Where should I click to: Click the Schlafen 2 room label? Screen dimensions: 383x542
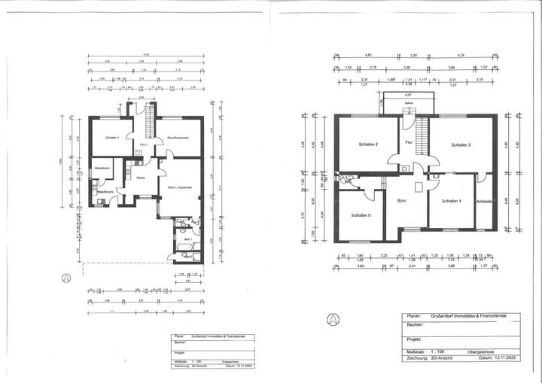(367, 144)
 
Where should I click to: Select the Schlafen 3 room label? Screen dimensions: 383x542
(461, 144)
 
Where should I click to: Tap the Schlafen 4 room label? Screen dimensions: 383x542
(451, 201)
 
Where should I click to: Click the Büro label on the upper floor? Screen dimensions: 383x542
(403, 202)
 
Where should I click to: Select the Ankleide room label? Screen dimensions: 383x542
(484, 201)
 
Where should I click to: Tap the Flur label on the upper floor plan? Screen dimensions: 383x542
(408, 142)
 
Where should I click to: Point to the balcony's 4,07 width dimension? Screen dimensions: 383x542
(407, 95)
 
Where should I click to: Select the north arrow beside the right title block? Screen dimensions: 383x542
(330, 318)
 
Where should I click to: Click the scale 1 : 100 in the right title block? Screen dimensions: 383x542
(436, 351)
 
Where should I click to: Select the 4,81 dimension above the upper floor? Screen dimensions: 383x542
(369, 55)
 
